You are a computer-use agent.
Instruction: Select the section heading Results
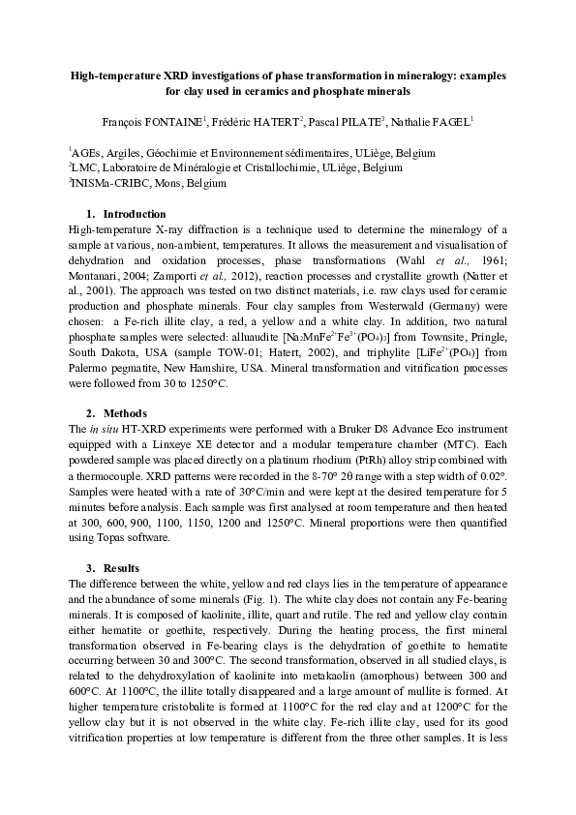tap(122, 566)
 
